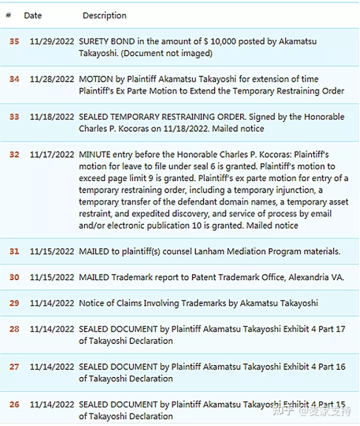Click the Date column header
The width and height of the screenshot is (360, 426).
(32, 15)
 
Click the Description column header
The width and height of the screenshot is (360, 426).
(104, 15)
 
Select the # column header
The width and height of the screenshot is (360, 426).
(8, 15)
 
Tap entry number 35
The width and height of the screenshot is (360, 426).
(14, 41)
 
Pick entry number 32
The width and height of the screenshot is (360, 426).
(14, 154)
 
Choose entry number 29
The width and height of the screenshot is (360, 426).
(14, 303)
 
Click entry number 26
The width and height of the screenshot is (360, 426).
(14, 404)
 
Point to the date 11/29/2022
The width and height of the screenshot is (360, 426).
(52, 41)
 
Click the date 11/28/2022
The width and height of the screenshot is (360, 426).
(52, 79)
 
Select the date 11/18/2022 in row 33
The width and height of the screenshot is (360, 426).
(52, 116)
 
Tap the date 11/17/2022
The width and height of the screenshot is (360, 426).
(52, 154)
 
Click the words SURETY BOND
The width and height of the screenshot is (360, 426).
(103, 41)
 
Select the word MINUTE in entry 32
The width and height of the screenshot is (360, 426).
(95, 154)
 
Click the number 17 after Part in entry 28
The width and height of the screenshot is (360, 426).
(340, 329)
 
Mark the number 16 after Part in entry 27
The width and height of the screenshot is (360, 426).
(340, 366)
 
